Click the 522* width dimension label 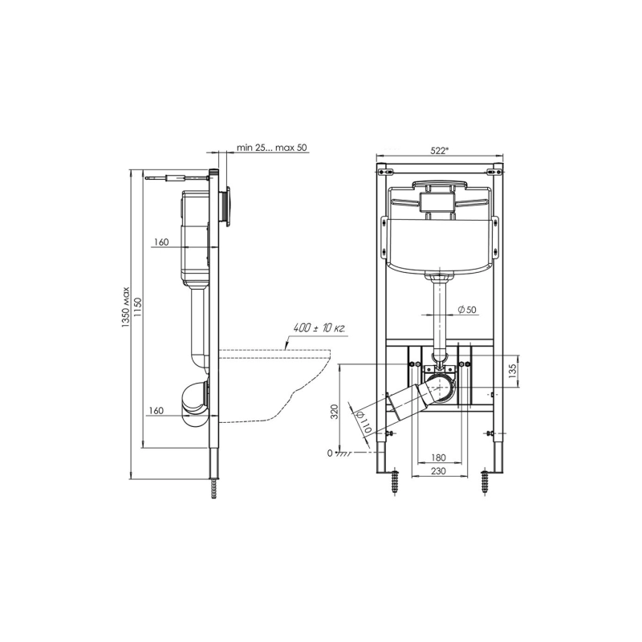440,150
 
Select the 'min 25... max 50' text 271,148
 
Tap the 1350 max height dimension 125,307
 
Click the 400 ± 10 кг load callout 319,328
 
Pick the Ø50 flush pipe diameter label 467,310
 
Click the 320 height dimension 335,411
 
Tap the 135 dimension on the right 512,371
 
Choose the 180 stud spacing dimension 439,457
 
